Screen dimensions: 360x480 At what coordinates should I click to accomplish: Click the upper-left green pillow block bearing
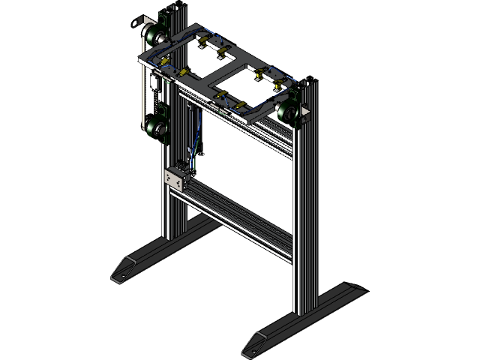pyautogui.click(x=155, y=36)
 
